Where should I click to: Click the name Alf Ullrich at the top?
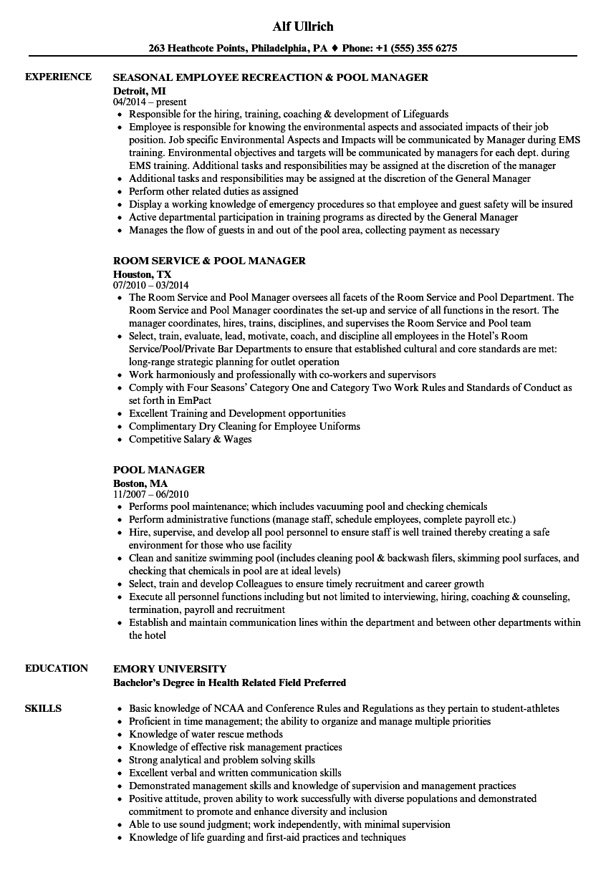click(303, 26)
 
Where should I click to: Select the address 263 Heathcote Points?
click(197, 49)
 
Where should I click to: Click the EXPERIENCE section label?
click(58, 77)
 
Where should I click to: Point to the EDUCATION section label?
click(57, 668)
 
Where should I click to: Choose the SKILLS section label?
click(43, 708)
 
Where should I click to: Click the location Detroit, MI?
click(140, 90)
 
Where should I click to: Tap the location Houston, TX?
click(142, 274)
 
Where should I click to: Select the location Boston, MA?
click(140, 483)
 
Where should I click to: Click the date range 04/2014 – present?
click(150, 102)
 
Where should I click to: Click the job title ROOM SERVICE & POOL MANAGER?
click(209, 261)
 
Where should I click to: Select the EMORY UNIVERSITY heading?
click(170, 668)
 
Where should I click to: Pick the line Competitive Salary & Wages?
click(191, 439)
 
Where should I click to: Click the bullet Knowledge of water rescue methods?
click(206, 734)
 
